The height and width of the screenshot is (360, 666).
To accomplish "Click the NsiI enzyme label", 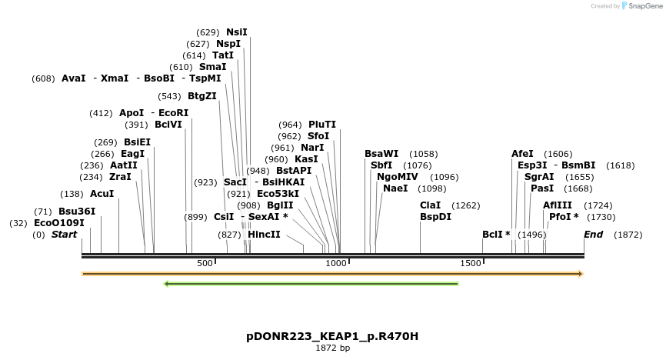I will point(236,32).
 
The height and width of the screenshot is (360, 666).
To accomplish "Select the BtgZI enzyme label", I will point(201,96).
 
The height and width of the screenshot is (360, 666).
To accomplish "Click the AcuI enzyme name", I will point(102,194).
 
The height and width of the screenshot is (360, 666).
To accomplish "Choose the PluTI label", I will point(322,125).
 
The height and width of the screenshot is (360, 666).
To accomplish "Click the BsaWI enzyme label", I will point(381,154).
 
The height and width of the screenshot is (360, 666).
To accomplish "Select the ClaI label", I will point(430,205).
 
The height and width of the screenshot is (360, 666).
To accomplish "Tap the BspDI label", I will point(435,217).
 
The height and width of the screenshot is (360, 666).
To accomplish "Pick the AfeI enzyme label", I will point(522,154).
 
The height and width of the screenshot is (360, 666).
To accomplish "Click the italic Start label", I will point(65,235).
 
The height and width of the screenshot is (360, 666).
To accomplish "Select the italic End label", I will point(593,235).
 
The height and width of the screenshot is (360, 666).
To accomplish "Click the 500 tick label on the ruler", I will point(205,264).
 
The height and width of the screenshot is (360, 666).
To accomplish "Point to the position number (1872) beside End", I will point(628,235).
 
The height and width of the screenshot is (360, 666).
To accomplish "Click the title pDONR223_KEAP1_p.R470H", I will point(332,337).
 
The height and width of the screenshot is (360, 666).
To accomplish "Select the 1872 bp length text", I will point(332,348).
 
